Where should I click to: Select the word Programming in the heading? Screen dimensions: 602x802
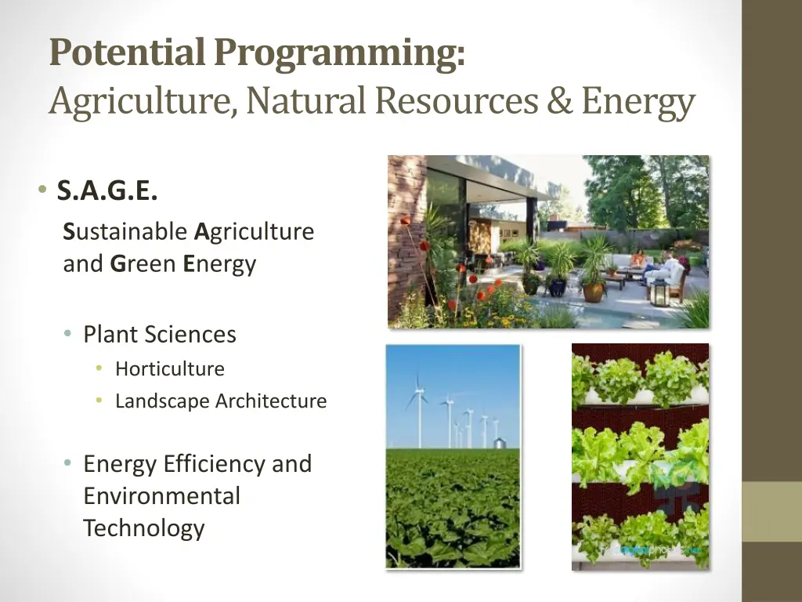[x=339, y=53]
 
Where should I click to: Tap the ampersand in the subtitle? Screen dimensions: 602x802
[x=559, y=101]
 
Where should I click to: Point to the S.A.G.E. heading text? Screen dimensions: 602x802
[x=107, y=190]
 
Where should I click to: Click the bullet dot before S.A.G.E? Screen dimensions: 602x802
[x=39, y=190]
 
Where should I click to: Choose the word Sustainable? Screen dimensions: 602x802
[x=125, y=232]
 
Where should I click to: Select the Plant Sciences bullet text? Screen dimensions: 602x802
[x=160, y=335]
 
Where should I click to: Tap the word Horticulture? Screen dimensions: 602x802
[x=170, y=369]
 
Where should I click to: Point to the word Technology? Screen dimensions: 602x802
[x=143, y=528]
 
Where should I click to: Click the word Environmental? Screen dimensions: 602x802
[x=161, y=496]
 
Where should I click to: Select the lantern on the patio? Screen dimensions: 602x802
[x=659, y=292]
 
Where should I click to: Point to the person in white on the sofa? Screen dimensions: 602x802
[x=670, y=269]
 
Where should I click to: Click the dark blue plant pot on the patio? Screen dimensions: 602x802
[x=558, y=287]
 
